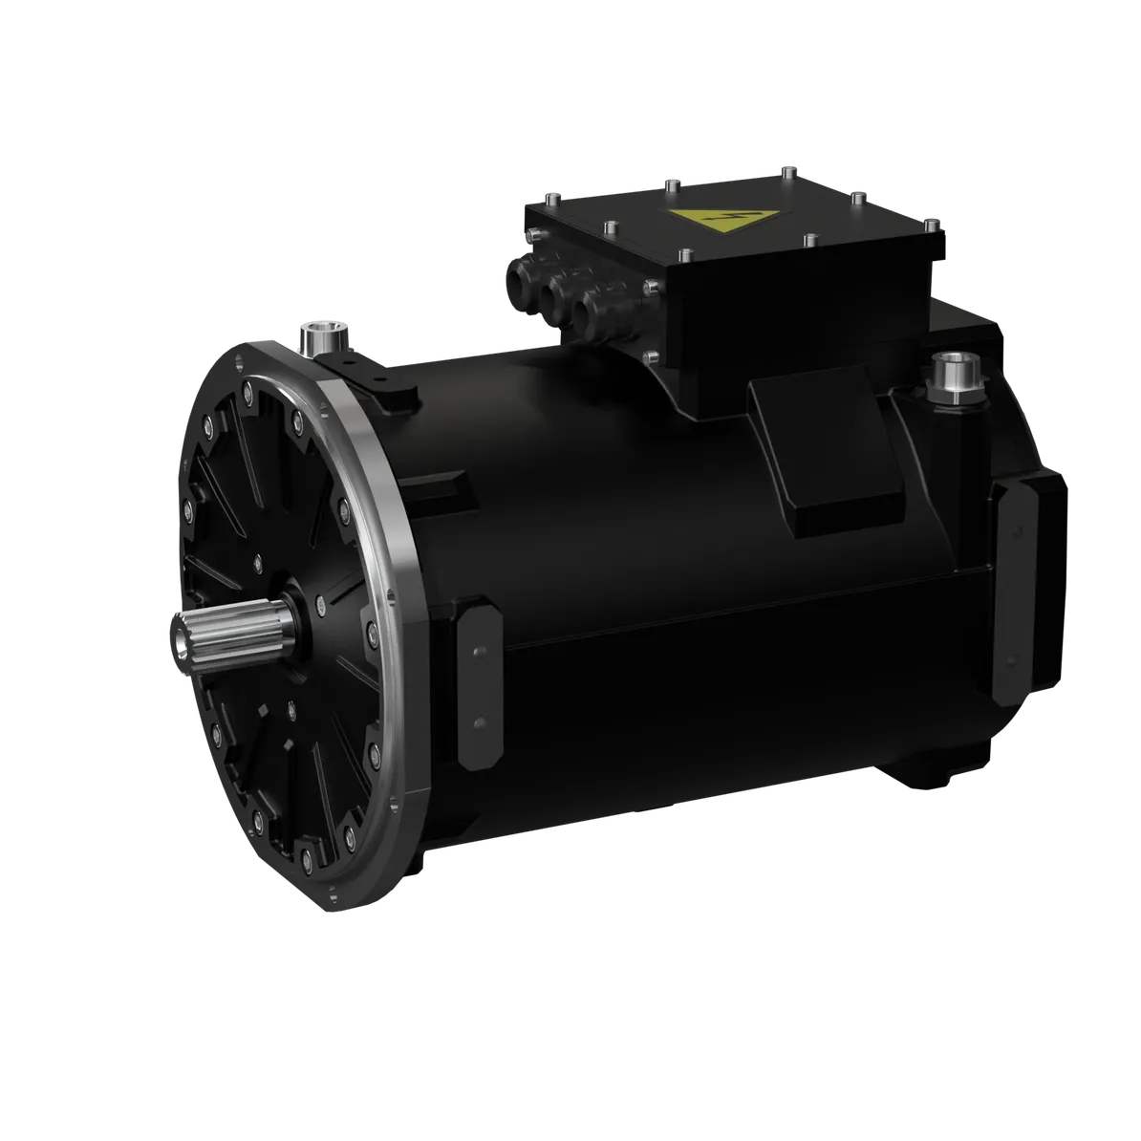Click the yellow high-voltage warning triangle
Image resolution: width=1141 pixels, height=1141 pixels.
727,224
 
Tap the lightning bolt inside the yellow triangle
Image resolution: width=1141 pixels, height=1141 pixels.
728,226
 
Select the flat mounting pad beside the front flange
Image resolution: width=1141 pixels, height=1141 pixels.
475,681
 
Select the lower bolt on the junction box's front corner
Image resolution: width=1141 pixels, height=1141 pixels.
650,357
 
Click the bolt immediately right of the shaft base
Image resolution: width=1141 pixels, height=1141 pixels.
319,602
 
